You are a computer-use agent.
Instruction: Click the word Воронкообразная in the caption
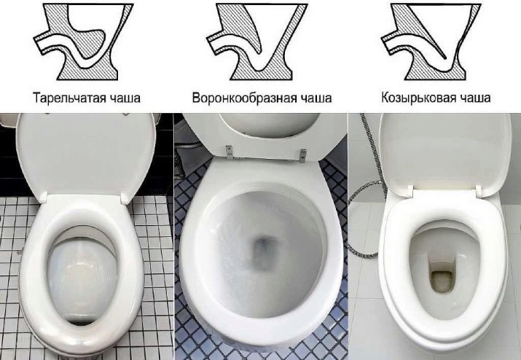[244, 98]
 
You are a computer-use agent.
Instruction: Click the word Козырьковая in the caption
[419, 98]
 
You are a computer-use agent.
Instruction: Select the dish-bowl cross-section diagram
[83, 42]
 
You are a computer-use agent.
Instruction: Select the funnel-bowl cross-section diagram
[256, 42]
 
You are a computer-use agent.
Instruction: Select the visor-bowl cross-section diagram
[431, 42]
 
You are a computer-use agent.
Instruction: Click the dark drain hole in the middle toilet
[263, 250]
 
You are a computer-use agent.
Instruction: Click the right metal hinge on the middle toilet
[302, 155]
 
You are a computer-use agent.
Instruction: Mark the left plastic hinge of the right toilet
[409, 191]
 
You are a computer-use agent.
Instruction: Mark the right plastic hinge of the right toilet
[479, 191]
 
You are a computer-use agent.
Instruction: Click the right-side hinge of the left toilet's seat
[125, 199]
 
